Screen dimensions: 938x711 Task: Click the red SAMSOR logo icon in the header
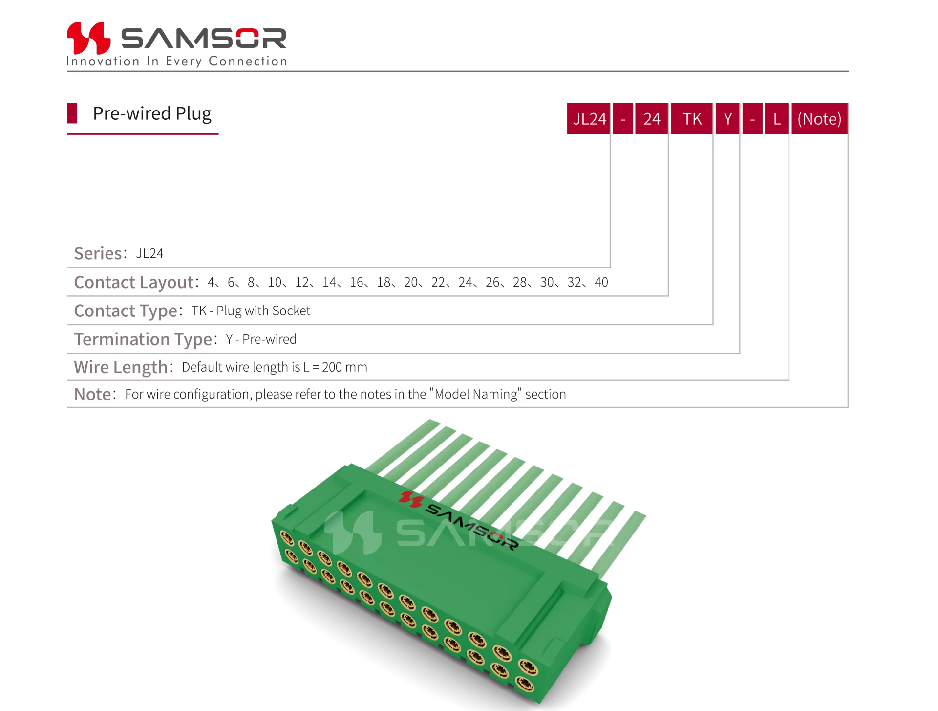click(x=88, y=38)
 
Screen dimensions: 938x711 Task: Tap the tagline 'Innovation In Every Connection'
click(x=177, y=61)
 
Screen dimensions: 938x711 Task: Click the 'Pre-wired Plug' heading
click(x=152, y=113)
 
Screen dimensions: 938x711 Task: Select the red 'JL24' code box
click(x=589, y=118)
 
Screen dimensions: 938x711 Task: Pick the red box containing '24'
click(x=651, y=118)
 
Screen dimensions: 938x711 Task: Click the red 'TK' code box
click(x=692, y=118)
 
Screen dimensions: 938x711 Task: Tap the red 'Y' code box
click(x=727, y=118)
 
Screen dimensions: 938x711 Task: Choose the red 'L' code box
click(x=777, y=118)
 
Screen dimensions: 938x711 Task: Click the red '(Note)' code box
click(x=819, y=118)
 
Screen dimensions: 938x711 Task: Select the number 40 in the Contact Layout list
click(x=601, y=282)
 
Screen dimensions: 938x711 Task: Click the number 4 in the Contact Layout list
click(x=211, y=282)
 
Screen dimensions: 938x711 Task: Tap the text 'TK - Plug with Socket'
click(x=251, y=311)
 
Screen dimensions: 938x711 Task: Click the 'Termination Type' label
click(x=143, y=339)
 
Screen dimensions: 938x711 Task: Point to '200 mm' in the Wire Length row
click(x=344, y=367)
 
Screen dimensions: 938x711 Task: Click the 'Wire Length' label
click(x=121, y=367)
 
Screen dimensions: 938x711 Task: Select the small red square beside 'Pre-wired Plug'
click(x=72, y=113)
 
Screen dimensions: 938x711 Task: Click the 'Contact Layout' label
click(x=134, y=282)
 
